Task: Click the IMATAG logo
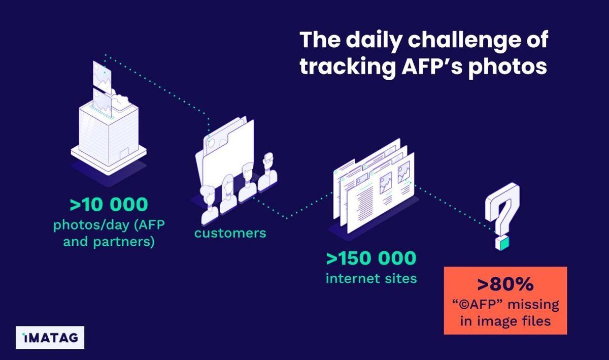[50, 338]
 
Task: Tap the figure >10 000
[109, 204]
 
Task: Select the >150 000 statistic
[371, 258]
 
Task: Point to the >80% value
[505, 284]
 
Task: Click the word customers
[230, 233]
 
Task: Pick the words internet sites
[371, 279]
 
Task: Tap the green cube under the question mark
[502, 243]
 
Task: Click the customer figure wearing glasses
[268, 171]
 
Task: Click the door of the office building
[124, 155]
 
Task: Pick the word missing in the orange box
[533, 305]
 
